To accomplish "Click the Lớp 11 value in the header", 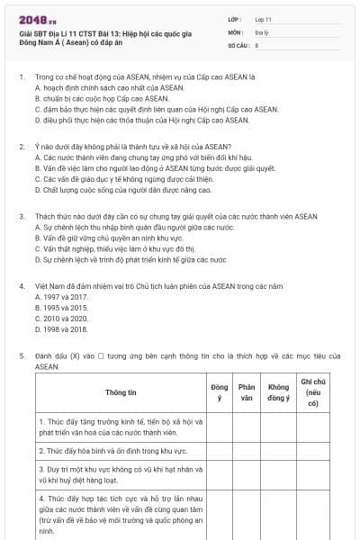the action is click(264, 19).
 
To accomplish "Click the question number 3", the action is click(22, 217).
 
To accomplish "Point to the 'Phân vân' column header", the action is click(247, 393).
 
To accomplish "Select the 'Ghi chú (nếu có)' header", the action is click(312, 393).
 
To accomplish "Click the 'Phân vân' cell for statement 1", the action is click(247, 426).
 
